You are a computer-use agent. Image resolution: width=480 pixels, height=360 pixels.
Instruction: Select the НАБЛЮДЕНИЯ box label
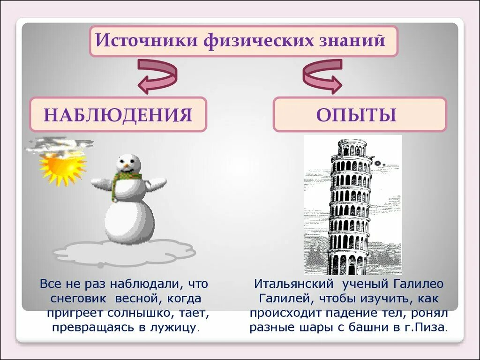coord(118,114)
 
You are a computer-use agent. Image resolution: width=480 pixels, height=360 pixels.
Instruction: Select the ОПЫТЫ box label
coord(356,114)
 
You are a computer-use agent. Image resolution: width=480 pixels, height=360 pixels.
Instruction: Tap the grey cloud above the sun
coord(59,145)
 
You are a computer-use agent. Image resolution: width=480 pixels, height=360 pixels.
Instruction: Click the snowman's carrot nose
coord(126,166)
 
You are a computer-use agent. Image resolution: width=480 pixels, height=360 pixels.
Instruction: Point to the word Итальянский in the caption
coord(293,284)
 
